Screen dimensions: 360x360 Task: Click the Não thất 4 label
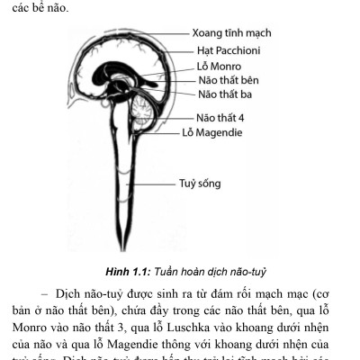224,117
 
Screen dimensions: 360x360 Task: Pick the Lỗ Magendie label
220,132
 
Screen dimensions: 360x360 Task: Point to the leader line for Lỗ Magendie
167,132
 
